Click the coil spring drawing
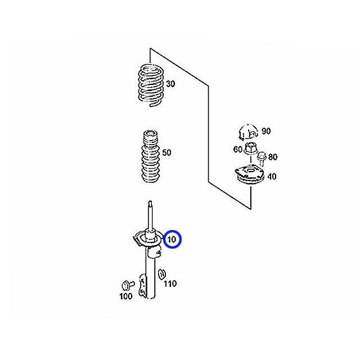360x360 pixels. click(x=151, y=85)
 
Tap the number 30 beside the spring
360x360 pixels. click(x=170, y=84)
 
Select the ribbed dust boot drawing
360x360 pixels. click(x=151, y=156)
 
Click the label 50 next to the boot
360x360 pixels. click(x=166, y=152)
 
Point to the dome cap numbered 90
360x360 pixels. click(x=247, y=132)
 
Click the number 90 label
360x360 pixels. click(x=266, y=131)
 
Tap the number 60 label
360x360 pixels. click(x=237, y=150)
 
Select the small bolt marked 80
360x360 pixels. click(x=261, y=159)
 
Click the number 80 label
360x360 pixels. click(x=273, y=157)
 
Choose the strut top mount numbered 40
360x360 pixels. click(x=249, y=175)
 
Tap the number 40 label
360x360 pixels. click(x=272, y=177)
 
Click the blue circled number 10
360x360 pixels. click(x=172, y=239)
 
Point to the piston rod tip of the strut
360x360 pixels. click(x=150, y=202)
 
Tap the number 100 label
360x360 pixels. click(x=126, y=296)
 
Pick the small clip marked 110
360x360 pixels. click(x=162, y=274)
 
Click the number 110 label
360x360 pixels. click(x=170, y=283)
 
